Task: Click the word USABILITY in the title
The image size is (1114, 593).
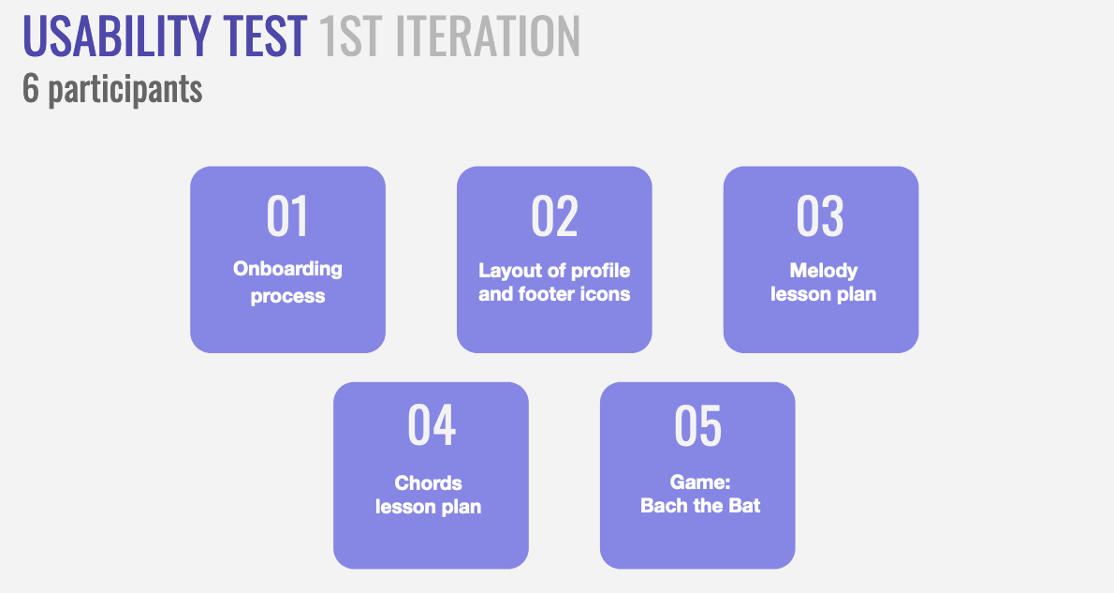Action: [117, 36]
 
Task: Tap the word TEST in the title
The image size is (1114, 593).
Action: [265, 36]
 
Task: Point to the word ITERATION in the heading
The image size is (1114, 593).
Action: [488, 36]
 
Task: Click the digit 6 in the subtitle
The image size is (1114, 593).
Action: [31, 88]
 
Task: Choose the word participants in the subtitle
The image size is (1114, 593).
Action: [125, 90]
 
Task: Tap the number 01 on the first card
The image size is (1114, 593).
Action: [287, 216]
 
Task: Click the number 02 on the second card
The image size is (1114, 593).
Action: [555, 216]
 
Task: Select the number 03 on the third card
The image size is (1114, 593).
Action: [821, 216]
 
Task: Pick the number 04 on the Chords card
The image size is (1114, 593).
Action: [432, 425]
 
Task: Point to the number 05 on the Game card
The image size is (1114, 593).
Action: [697, 425]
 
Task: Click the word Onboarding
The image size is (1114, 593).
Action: [287, 270]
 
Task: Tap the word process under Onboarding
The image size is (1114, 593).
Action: [287, 296]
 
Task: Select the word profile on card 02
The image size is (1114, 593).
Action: [600, 271]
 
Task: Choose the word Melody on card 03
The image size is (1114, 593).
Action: [824, 271]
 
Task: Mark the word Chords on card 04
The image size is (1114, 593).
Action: [429, 482]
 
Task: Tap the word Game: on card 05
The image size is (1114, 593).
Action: [700, 482]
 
